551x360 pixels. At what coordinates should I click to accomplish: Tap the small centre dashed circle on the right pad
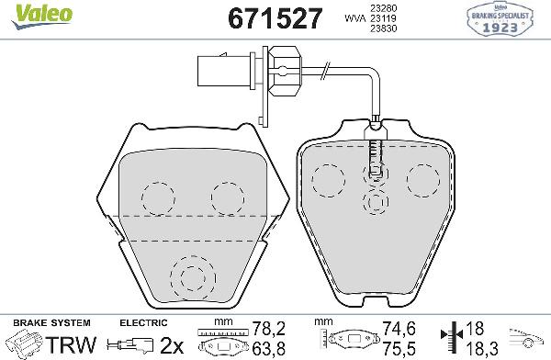375,202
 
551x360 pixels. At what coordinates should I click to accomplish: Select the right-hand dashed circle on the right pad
424,178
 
